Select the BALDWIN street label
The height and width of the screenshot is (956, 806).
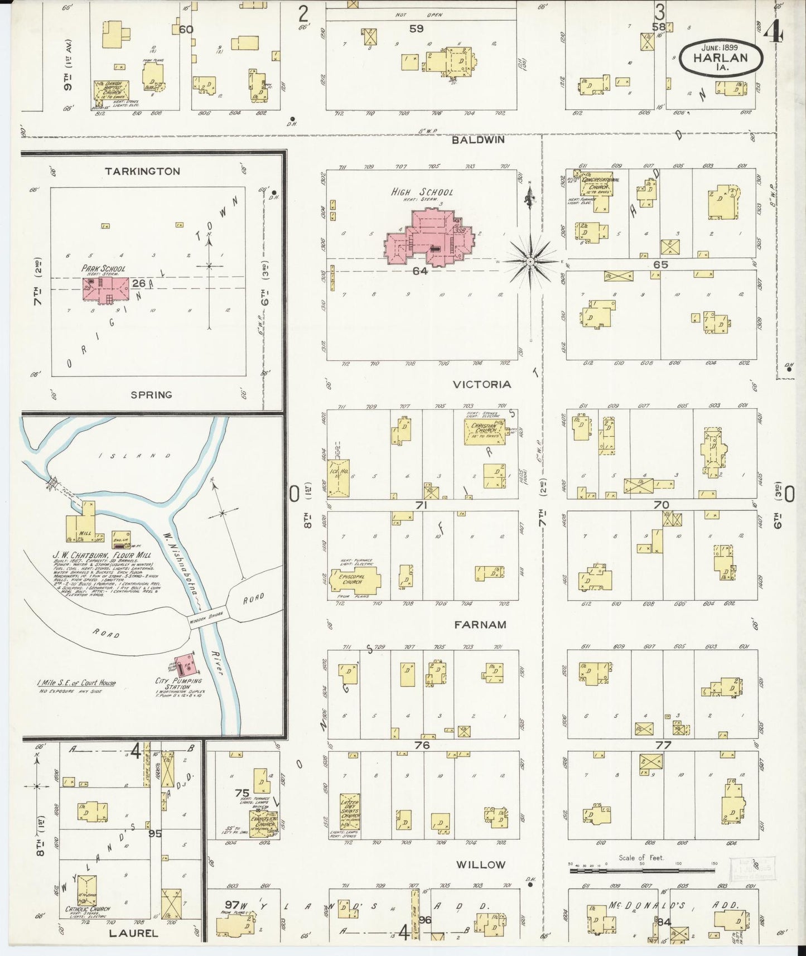(478, 140)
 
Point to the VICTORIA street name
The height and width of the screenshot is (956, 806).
(482, 384)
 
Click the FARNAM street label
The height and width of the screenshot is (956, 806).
(480, 625)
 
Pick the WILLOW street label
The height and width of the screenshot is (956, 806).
(480, 865)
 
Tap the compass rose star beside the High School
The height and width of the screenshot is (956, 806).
(530, 260)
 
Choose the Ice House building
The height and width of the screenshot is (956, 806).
(339, 478)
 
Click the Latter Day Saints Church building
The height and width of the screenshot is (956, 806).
(350, 815)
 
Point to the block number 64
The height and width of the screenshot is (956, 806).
(420, 271)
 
